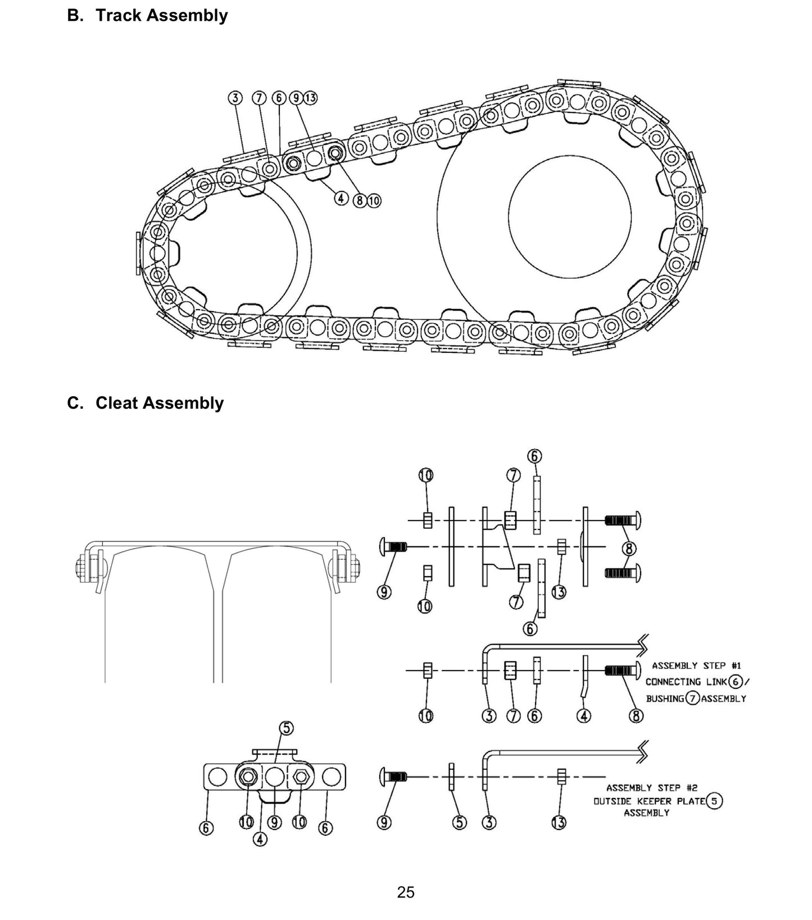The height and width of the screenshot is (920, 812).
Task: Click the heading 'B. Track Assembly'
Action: [x=147, y=15]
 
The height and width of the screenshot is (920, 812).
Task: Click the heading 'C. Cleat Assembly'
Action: [x=145, y=403]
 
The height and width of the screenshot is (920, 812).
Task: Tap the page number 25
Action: [x=405, y=892]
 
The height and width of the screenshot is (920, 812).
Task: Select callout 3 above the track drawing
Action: [x=235, y=98]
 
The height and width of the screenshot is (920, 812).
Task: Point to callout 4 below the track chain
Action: [x=341, y=198]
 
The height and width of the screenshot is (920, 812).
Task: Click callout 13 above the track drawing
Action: [x=310, y=98]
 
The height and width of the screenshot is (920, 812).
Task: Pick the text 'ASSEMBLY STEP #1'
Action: [x=696, y=665]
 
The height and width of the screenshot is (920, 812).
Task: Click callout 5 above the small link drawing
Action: [x=287, y=728]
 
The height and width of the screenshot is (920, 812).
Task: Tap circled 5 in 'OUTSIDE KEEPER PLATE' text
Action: [x=714, y=801]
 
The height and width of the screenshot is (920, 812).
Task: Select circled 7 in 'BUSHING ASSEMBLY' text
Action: [x=692, y=699]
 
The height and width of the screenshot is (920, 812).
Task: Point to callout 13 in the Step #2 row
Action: [x=559, y=823]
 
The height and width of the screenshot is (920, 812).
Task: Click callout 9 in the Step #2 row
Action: [x=384, y=823]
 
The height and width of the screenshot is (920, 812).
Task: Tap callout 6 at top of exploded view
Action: [x=534, y=456]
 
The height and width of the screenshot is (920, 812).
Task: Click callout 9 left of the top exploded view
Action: [x=384, y=592]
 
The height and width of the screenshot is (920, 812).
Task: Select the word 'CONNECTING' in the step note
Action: [x=673, y=682]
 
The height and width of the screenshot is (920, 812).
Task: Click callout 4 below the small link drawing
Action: [x=260, y=839]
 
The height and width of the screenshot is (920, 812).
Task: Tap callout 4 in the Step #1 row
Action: [x=584, y=716]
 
